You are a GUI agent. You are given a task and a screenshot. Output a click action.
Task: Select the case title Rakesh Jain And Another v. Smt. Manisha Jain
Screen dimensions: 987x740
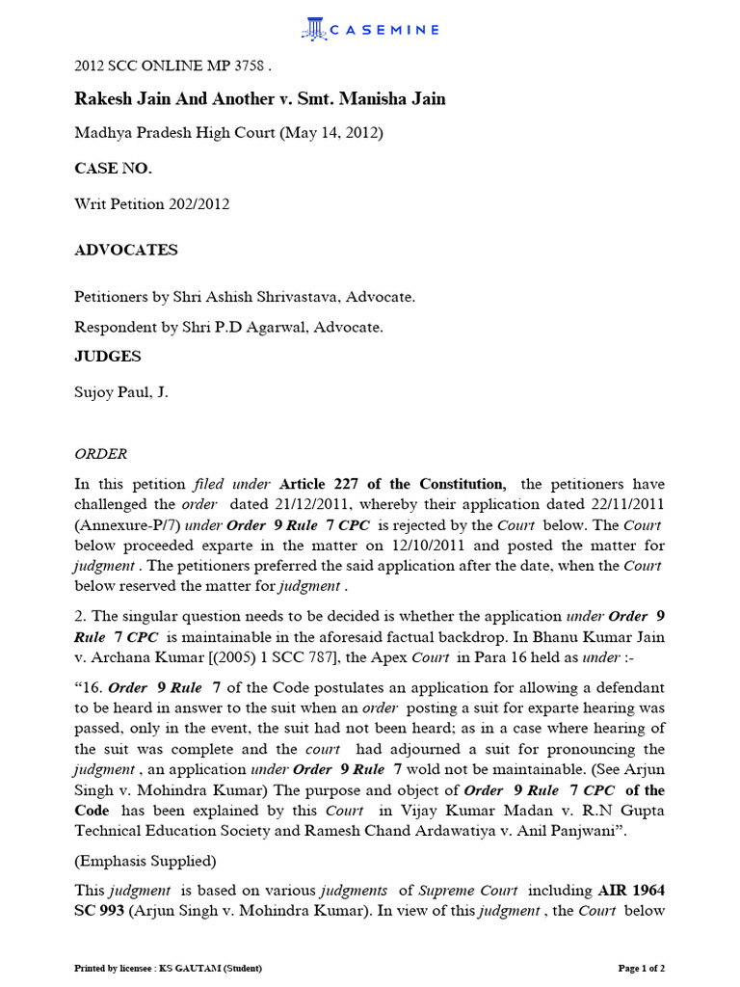[x=260, y=99]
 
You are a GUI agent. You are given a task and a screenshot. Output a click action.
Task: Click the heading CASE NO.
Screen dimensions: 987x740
[x=113, y=169]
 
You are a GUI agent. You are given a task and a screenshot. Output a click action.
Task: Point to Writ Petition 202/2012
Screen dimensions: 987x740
[x=152, y=204]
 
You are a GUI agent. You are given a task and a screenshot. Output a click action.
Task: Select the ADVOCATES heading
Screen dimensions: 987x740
[x=126, y=250]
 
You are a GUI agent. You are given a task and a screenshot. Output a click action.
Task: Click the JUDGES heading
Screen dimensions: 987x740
[x=108, y=357]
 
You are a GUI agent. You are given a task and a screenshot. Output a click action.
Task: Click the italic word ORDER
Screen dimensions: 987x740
[x=100, y=453]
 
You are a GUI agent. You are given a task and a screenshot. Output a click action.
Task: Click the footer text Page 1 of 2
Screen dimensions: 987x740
[x=641, y=967]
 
